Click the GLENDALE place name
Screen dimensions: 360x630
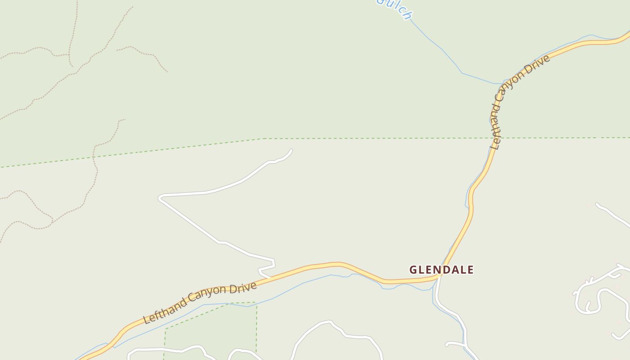point(441,270)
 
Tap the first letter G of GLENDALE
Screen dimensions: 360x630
point(414,270)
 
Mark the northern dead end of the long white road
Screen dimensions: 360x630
point(292,150)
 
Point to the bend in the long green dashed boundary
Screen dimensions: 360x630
point(264,139)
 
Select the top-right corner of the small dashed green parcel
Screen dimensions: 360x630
point(256,302)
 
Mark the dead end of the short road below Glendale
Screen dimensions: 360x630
point(447,345)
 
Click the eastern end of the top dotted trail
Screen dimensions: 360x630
point(167,71)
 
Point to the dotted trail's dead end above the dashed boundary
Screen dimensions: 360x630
point(124,119)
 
